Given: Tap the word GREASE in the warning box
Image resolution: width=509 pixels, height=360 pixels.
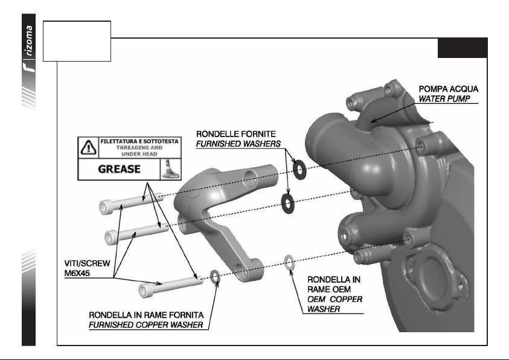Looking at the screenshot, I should tap(120, 169).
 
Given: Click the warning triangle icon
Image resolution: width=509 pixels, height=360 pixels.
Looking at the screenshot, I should tap(88, 147).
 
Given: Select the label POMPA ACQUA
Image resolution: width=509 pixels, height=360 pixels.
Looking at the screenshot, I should tap(448, 89).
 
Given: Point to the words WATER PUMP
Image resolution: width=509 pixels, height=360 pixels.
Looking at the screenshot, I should tap(444, 98).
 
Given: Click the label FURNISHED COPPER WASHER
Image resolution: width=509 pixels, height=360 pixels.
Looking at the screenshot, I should tap(146, 326).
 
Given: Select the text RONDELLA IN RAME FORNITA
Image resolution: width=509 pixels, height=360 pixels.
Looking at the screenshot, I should tap(150, 315).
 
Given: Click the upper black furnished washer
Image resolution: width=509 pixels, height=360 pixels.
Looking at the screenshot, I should tap(299, 167).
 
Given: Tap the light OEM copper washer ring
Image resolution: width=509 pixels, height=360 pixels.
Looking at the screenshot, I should tap(289, 262).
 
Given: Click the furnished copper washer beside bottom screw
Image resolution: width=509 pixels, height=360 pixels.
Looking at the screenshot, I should tap(214, 277).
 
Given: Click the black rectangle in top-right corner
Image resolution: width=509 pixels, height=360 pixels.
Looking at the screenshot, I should tap(463, 48).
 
